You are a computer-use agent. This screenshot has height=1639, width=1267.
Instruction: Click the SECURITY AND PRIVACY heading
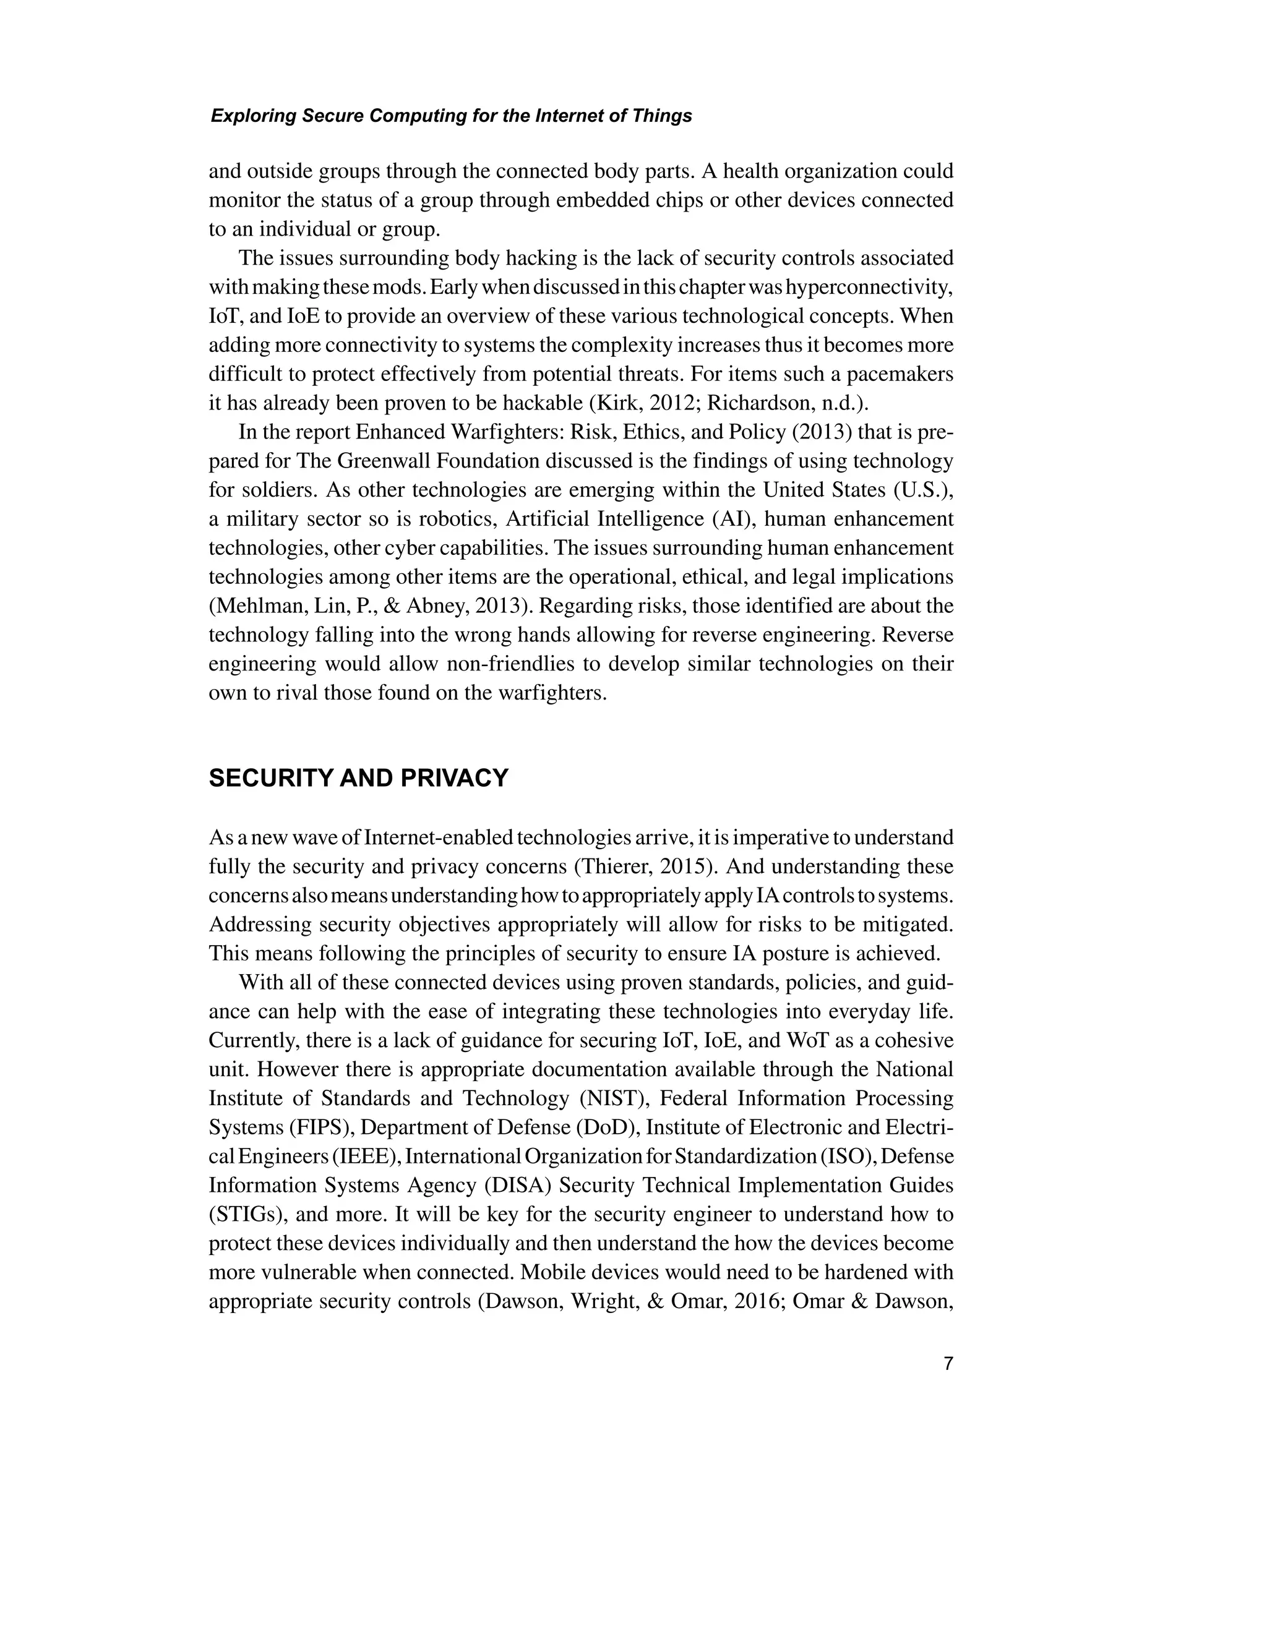coord(358,778)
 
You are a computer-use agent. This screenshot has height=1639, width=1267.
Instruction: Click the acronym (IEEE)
coord(364,1157)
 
